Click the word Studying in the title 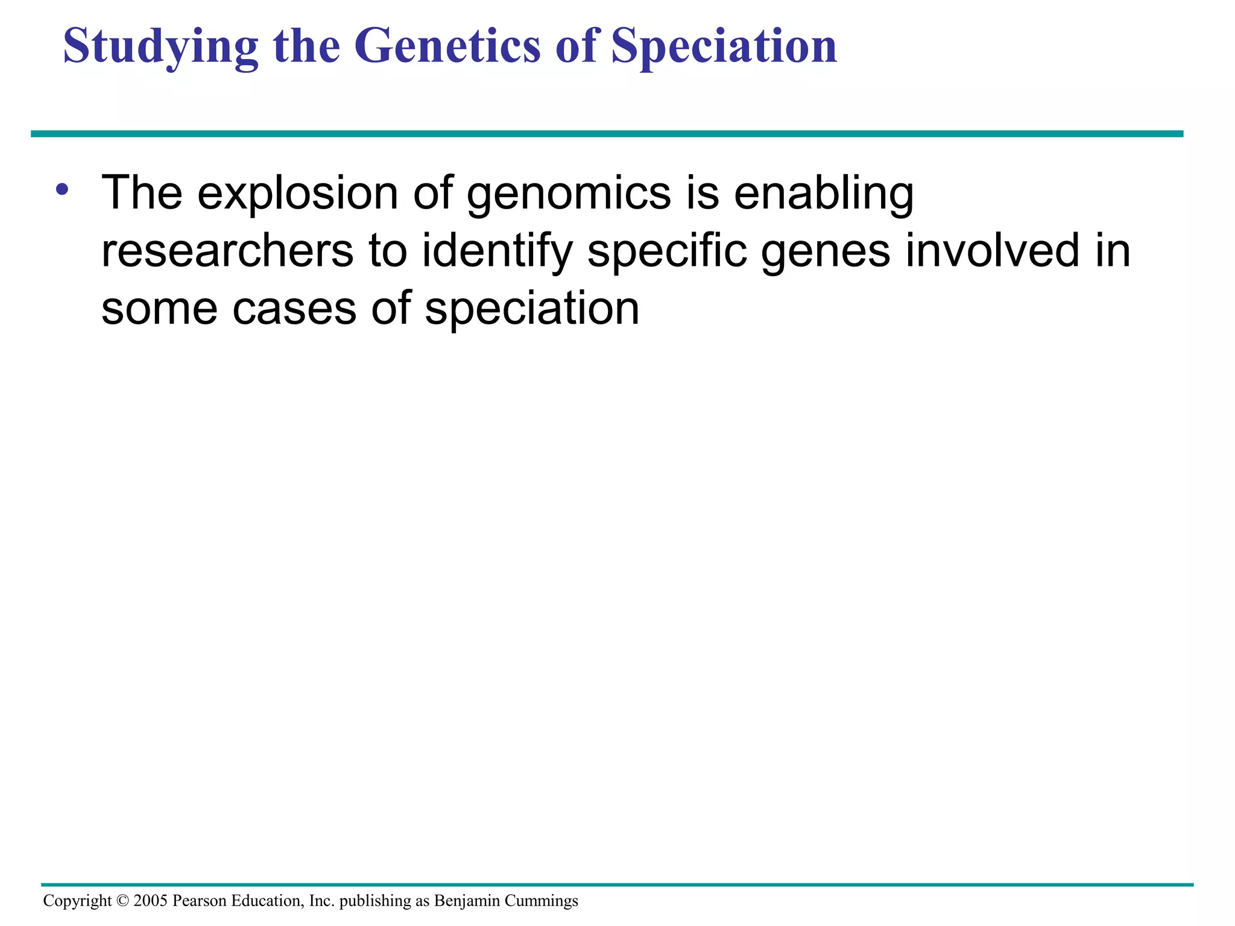coord(160,47)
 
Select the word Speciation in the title coord(724,47)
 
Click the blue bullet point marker coord(62,190)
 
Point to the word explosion coord(298,194)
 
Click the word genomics coord(569,194)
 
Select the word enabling coord(823,194)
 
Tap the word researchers coord(227,251)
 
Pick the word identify coord(497,251)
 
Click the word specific coord(667,251)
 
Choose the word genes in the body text coord(825,251)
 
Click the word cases coord(294,309)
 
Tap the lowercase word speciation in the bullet coord(532,309)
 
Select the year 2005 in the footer coord(150,901)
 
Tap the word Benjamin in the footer coord(467,901)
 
